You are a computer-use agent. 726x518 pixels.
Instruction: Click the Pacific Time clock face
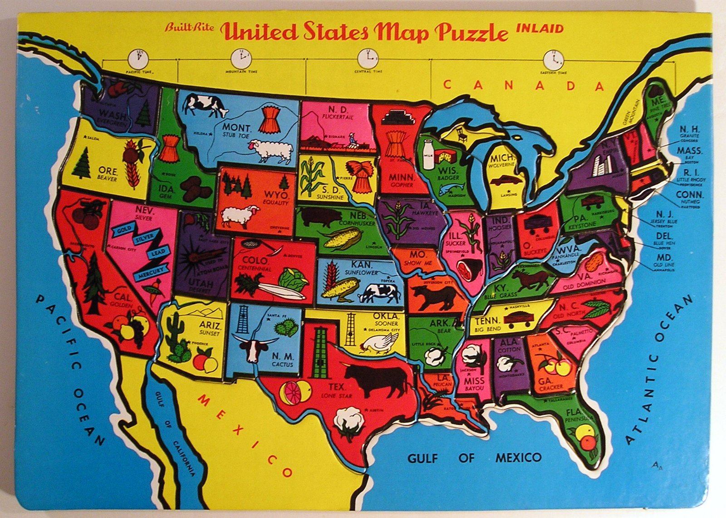coord(138,59)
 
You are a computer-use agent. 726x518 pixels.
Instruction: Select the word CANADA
coord(524,86)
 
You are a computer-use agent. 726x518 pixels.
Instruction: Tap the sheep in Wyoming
coord(240,216)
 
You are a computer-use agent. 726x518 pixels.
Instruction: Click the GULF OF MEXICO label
coord(474,457)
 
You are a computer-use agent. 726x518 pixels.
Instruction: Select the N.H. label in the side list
coord(690,129)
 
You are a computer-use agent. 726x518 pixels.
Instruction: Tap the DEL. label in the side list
coord(664,236)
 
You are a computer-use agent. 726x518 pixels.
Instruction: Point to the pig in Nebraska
coord(321,217)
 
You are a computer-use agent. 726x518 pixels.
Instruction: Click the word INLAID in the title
coord(540,29)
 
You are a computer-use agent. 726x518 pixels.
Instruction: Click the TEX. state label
coord(337,387)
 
